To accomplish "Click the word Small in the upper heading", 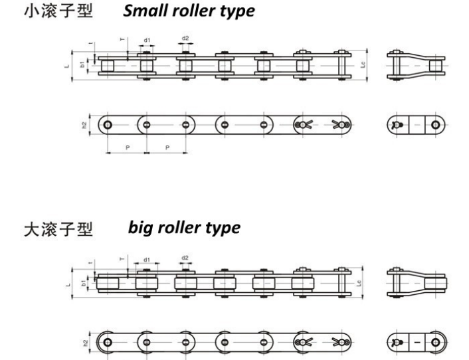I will (x=142, y=11).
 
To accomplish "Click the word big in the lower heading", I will (x=140, y=228).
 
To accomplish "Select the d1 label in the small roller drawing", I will (x=147, y=41).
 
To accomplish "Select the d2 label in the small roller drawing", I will (x=185, y=38).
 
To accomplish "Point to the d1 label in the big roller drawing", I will (x=145, y=261).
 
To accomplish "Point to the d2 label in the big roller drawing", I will (x=185, y=258).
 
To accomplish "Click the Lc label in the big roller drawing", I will (x=360, y=282).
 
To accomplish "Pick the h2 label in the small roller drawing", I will (x=84, y=125).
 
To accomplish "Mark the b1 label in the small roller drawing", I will (x=82, y=65).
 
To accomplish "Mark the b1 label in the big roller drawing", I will (x=83, y=282).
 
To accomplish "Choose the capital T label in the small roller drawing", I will (x=121, y=40).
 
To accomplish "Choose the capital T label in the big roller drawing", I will (x=121, y=258).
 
